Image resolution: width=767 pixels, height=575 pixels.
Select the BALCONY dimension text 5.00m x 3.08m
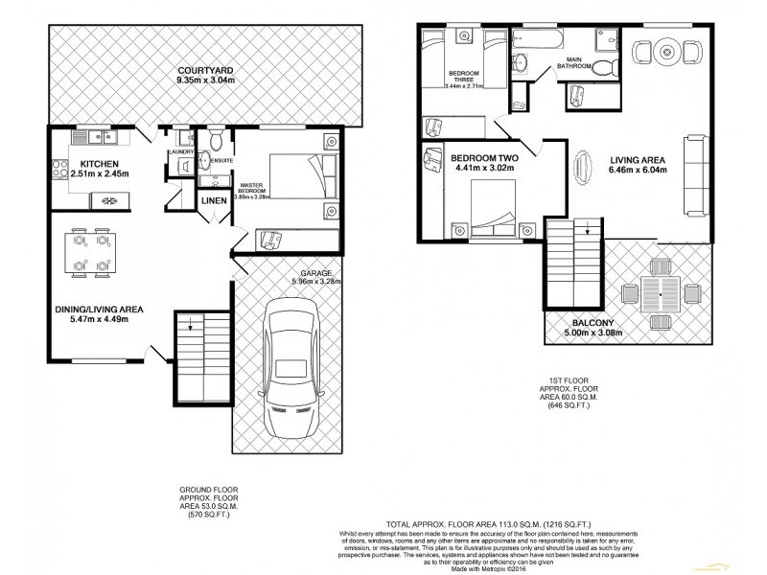[x=586, y=333]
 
